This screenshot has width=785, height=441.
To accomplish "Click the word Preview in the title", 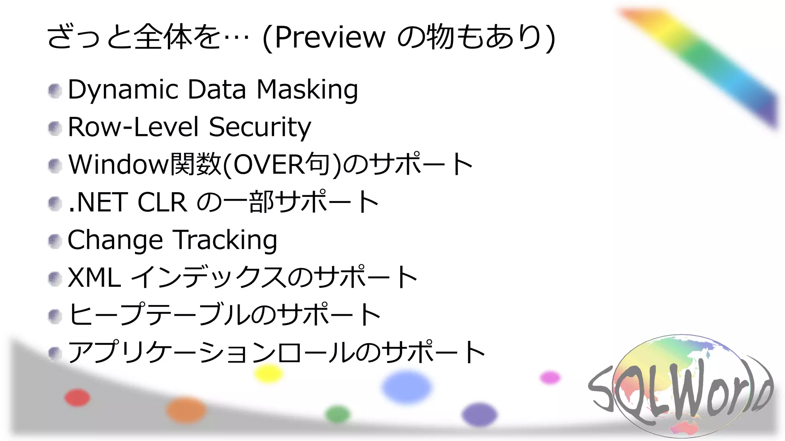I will click(x=330, y=38).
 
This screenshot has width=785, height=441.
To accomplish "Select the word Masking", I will click(x=307, y=90).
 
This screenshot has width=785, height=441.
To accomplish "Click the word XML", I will click(x=94, y=277).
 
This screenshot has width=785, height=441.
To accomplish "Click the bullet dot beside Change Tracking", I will click(x=55, y=241).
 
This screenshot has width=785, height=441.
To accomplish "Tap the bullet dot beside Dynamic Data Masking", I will click(x=55, y=91).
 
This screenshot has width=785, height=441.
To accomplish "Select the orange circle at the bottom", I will click(x=186, y=410).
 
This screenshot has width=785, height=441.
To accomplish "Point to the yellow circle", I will click(x=269, y=373).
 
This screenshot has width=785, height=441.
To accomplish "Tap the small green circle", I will click(x=338, y=414).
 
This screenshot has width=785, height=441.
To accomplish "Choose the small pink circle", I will click(x=550, y=377).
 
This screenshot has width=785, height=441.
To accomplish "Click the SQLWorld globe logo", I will click(x=680, y=387).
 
